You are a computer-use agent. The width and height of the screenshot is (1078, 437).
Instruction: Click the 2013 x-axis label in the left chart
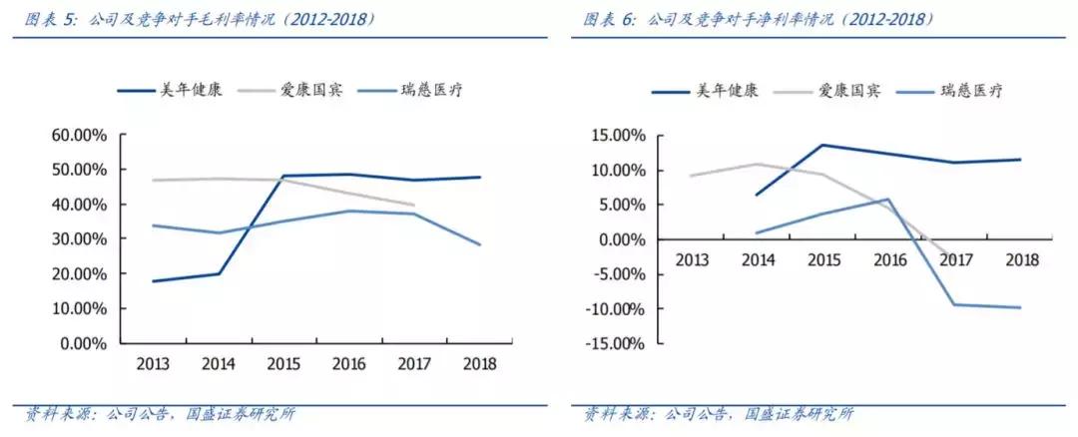(153, 363)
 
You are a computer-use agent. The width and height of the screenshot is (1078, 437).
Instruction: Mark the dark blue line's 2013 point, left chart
(153, 281)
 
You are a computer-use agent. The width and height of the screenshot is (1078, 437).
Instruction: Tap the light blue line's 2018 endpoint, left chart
(480, 244)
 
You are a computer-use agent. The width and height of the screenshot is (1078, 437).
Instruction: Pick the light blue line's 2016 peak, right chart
(888, 199)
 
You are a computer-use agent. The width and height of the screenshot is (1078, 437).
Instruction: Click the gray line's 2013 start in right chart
(691, 176)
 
